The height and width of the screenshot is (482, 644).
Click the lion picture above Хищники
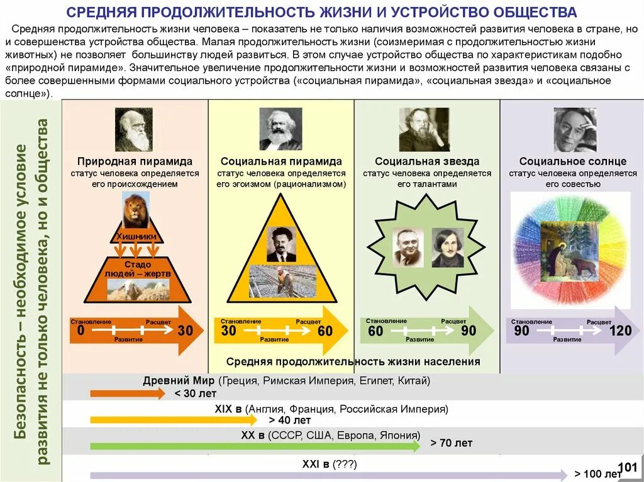tap(135, 211)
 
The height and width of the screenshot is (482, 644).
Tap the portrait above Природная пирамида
tap(134, 129)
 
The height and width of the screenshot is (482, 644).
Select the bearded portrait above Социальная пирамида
tap(280, 129)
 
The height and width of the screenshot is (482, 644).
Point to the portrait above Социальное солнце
tap(575, 129)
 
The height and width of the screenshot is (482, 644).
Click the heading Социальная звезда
tap(427, 162)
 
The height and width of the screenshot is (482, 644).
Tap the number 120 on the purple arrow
tap(620, 331)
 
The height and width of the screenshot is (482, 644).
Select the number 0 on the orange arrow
tap(80, 331)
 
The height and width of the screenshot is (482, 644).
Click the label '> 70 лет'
tap(452, 443)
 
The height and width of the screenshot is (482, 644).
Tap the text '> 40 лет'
tap(290, 420)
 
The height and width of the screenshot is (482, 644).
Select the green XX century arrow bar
tap(255, 447)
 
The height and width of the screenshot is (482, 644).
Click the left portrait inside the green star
tap(409, 248)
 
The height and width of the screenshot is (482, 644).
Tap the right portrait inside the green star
tap(447, 248)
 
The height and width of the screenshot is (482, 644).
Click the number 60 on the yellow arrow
tap(325, 331)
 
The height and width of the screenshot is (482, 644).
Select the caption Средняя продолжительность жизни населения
tap(353, 361)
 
